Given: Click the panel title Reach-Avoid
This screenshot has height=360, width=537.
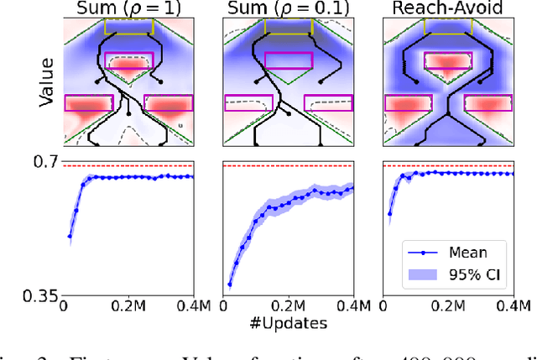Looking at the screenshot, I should click(x=447, y=9).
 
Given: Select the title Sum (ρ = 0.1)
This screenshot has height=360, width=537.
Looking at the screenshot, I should click(x=288, y=9).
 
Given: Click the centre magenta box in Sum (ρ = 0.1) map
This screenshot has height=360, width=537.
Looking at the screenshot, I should click(x=288, y=60).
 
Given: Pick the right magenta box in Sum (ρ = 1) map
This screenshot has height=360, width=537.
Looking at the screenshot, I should click(x=169, y=103).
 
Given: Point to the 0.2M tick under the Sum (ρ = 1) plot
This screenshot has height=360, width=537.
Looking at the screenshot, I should click(x=129, y=306).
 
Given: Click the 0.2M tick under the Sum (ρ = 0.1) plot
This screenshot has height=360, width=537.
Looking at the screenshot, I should click(x=288, y=306).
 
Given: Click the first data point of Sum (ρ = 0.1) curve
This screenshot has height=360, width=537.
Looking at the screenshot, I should click(x=229, y=284).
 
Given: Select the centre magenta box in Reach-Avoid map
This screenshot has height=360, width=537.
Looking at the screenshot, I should click(x=447, y=60).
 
